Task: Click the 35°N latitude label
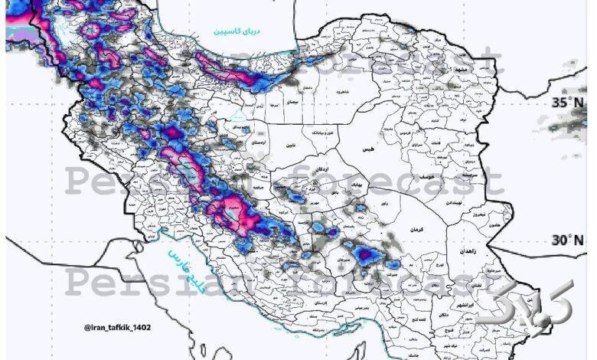(568, 103)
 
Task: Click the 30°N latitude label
(568, 241)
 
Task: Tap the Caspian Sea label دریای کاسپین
(238, 32)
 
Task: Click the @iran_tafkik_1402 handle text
(118, 328)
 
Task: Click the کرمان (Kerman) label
(416, 230)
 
